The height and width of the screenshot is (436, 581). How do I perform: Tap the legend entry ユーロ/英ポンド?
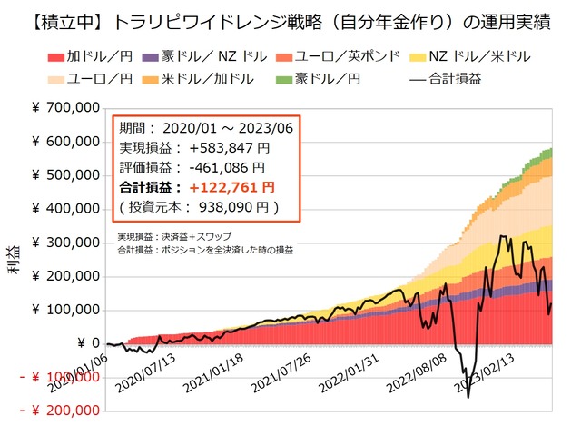click(x=341, y=56)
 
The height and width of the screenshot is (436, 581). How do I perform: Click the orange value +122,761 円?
click(x=222, y=187)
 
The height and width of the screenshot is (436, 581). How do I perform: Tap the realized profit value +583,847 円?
click(x=221, y=147)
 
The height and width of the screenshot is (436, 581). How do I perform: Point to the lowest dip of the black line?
click(x=468, y=397)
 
